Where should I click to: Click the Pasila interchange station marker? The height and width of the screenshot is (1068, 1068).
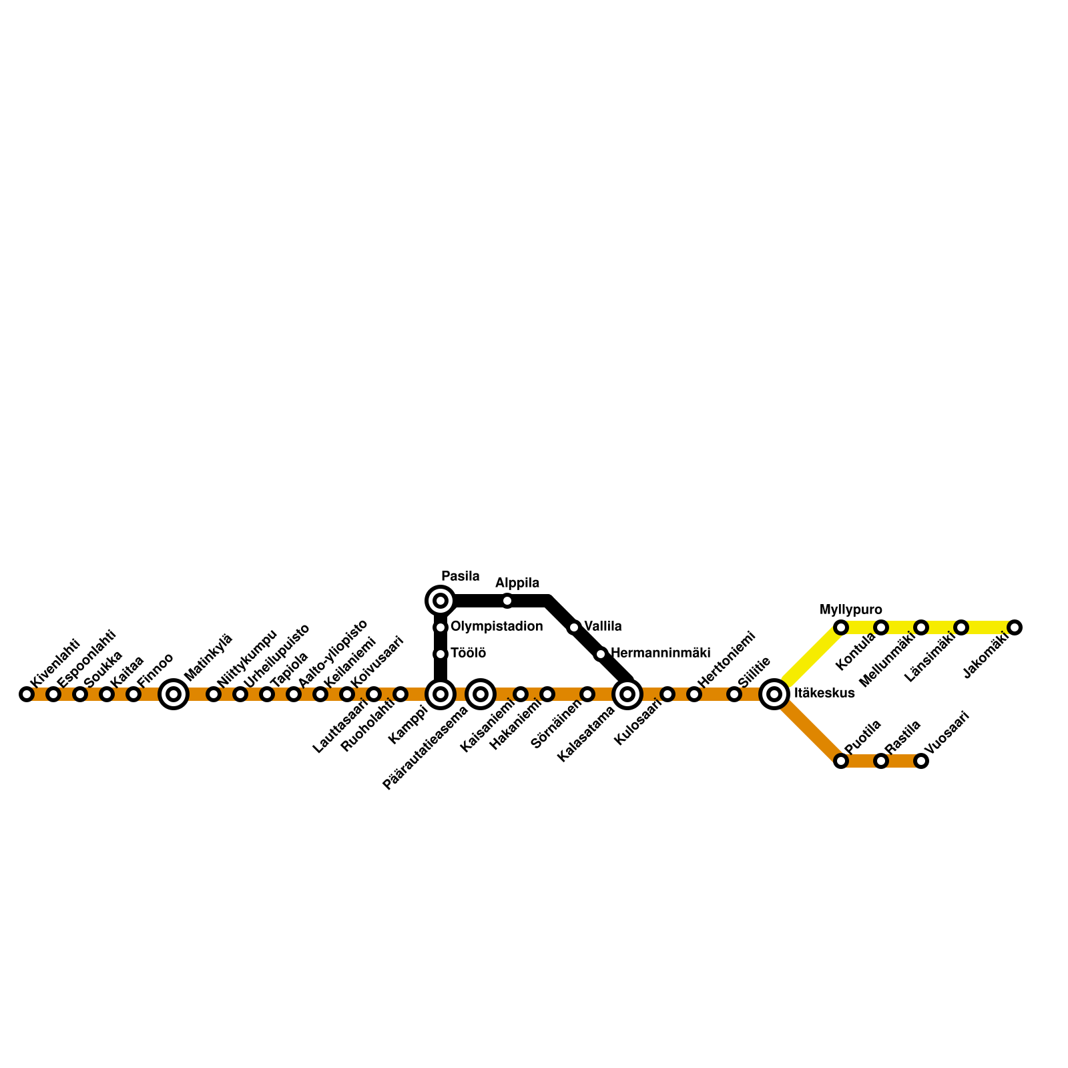(441, 601)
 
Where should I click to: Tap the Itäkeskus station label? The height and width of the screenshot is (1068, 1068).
(824, 694)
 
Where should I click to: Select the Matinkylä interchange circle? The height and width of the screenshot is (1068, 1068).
(174, 694)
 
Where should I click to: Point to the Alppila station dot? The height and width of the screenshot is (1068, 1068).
(507, 601)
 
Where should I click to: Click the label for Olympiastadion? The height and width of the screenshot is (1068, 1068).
(497, 626)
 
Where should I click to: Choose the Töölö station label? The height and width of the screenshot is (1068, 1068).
(468, 653)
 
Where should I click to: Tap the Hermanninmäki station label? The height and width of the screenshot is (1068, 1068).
(660, 652)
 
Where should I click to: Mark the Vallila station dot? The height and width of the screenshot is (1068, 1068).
(574, 627)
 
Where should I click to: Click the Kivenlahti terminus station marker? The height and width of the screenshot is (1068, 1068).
(27, 694)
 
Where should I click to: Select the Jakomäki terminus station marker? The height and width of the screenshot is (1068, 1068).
(1015, 627)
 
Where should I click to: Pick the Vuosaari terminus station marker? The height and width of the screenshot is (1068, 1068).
(921, 761)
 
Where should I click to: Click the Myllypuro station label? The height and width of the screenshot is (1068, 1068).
(850, 609)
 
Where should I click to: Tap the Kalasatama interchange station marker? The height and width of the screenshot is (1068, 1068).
(627, 694)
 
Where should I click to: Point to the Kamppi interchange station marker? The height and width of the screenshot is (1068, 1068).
(441, 694)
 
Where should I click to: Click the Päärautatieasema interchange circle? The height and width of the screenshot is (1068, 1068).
(481, 694)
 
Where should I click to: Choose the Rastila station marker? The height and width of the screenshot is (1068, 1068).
(881, 761)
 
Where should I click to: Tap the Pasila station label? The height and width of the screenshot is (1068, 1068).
(460, 576)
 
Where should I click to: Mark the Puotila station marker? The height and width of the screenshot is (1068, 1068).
(841, 761)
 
